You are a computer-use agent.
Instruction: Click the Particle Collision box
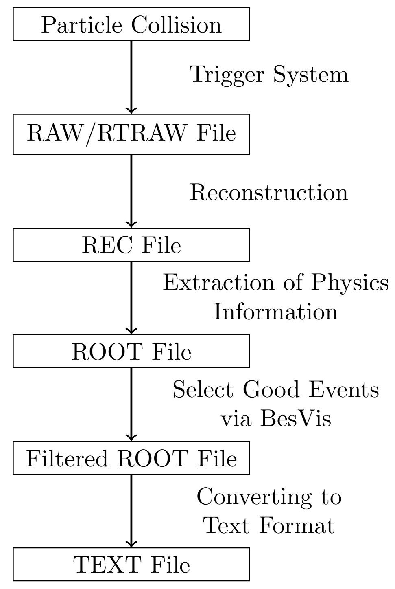(x=131, y=24)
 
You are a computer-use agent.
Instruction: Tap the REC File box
(x=131, y=245)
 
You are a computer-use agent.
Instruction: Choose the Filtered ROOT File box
(x=131, y=458)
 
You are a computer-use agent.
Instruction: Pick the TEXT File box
(x=131, y=565)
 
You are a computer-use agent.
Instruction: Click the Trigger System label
(x=269, y=75)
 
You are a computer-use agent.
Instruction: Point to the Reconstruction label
(x=269, y=193)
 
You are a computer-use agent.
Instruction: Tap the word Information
(x=275, y=312)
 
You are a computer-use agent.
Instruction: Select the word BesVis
(x=296, y=418)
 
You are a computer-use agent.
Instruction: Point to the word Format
(x=297, y=525)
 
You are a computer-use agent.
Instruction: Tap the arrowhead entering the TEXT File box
(x=131, y=544)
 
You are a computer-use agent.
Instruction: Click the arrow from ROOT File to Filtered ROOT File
(x=131, y=403)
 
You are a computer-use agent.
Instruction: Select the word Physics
(x=350, y=282)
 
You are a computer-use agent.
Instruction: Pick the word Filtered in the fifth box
(x=67, y=458)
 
